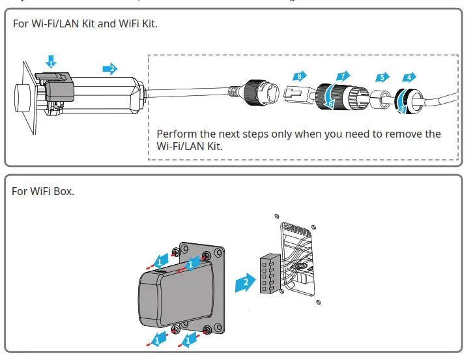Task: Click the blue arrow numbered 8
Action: pyautogui.click(x=299, y=76)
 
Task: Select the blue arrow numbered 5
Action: pyautogui.click(x=382, y=77)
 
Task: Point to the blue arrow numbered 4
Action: pyautogui.click(x=409, y=77)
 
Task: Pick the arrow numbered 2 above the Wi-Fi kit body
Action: pyautogui.click(x=110, y=68)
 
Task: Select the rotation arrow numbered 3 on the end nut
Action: pyautogui.click(x=401, y=107)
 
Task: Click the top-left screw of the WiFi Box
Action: pyautogui.click(x=176, y=252)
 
